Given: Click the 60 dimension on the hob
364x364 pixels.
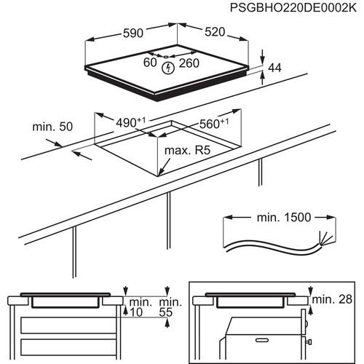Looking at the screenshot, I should point(150,63).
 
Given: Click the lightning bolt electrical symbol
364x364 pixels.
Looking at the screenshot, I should point(170,68).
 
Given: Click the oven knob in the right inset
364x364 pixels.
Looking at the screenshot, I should point(311,340).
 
